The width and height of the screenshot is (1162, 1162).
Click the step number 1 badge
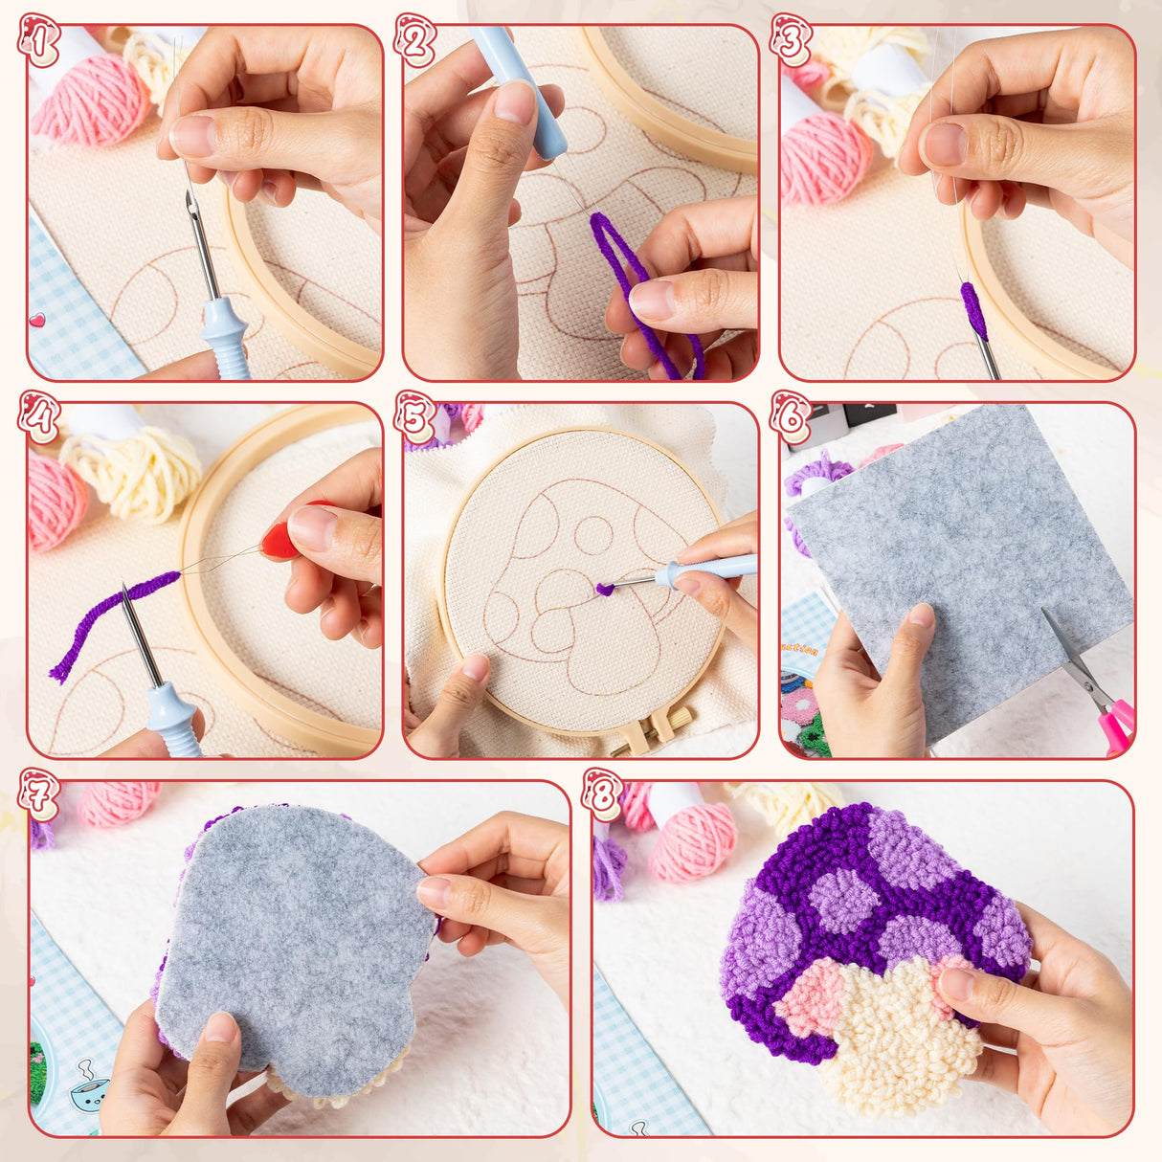coord(38,41)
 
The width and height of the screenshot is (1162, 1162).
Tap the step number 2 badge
coord(415,41)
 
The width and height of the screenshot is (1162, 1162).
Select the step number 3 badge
coord(791,41)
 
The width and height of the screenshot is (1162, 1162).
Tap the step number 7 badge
coord(38,794)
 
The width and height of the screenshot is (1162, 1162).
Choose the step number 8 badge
coord(603,794)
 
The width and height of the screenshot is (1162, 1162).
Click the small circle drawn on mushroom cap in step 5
coord(593,535)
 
